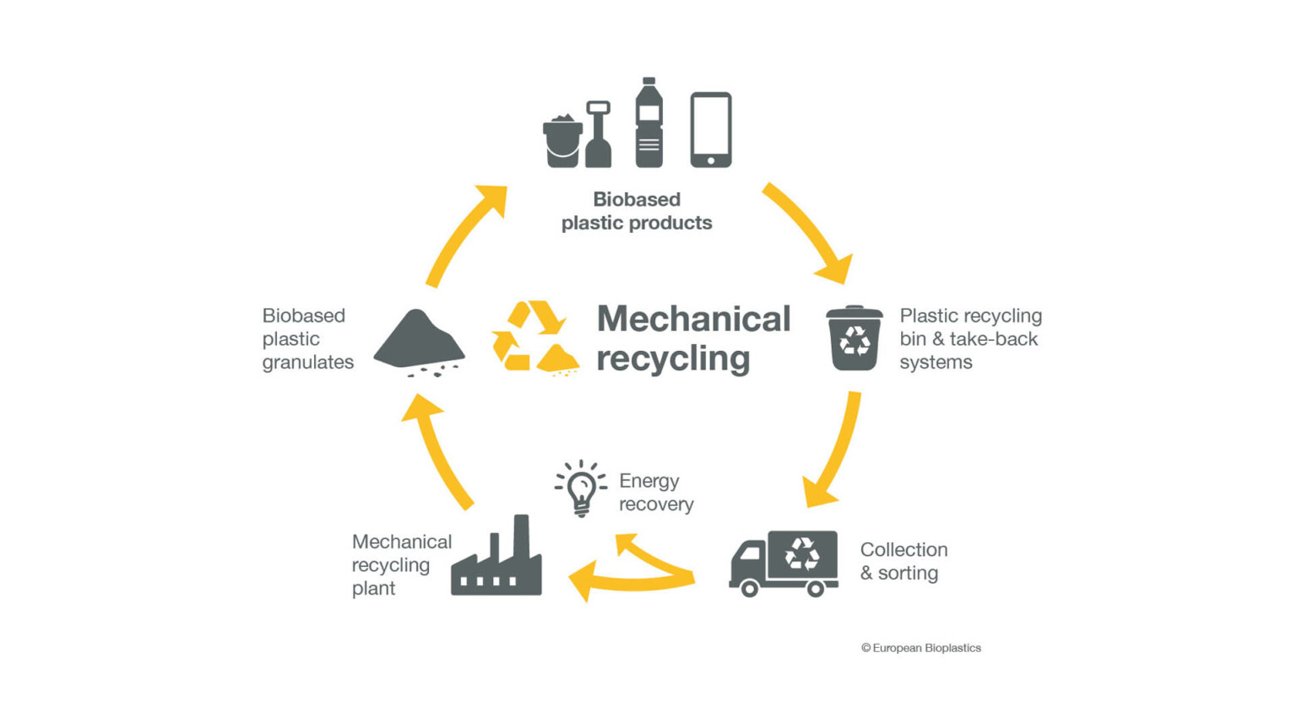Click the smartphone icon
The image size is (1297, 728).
(x=710, y=130)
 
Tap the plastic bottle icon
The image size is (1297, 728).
(x=648, y=124)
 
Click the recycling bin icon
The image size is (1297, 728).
(x=855, y=339)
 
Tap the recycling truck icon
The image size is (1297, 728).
(x=784, y=563)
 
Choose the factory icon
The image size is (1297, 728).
(x=497, y=561)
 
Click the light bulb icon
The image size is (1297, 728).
(x=581, y=488)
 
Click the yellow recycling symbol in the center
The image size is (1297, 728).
(x=535, y=337)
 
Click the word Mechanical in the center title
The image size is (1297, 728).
(x=693, y=319)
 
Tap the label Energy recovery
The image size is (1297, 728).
(x=655, y=492)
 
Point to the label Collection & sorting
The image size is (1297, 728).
(x=903, y=561)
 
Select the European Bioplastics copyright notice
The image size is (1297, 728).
(x=920, y=648)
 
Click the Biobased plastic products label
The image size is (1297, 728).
(x=637, y=211)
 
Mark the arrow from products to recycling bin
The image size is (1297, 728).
(x=810, y=231)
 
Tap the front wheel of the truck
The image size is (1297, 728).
(x=749, y=589)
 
